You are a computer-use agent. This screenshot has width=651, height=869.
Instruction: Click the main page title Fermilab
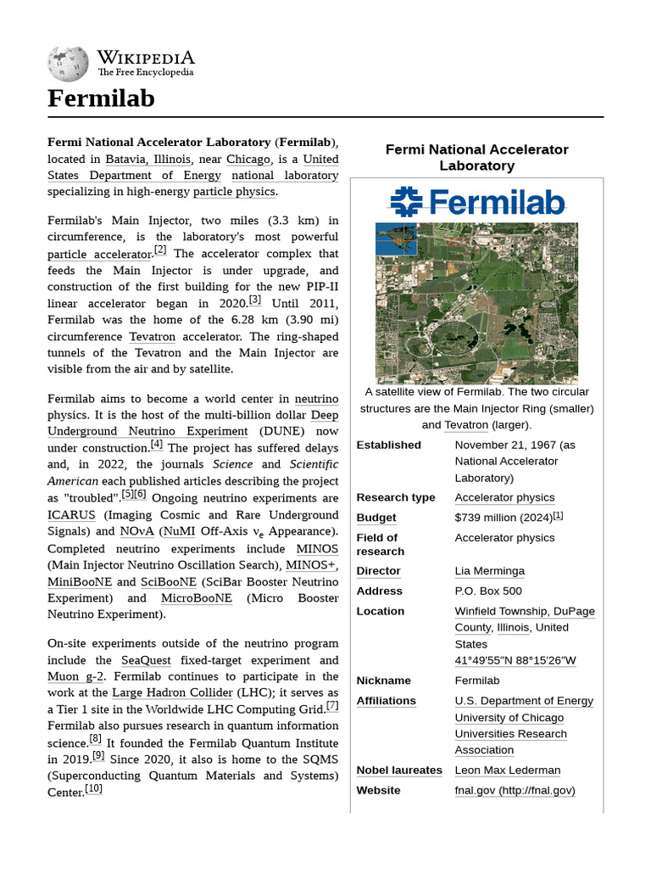[101, 98]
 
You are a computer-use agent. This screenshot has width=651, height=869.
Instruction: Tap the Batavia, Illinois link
[148, 159]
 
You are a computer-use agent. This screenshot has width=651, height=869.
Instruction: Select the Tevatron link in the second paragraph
[153, 337]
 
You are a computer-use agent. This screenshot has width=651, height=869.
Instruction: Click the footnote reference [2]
[160, 250]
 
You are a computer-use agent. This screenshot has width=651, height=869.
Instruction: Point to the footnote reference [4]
[157, 444]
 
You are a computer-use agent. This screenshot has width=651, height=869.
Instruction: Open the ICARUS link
[70, 515]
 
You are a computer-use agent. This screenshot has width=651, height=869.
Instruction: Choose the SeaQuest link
[146, 660]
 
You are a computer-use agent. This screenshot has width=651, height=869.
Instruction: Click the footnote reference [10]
[93, 788]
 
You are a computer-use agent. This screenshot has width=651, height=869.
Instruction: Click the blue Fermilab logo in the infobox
[476, 201]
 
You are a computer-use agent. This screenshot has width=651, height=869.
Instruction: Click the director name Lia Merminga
[489, 571]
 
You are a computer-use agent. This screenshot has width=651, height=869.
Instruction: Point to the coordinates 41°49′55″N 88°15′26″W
[515, 660]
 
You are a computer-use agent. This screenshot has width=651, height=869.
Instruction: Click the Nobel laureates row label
[398, 770]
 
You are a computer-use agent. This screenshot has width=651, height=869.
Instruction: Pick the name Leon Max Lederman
[507, 770]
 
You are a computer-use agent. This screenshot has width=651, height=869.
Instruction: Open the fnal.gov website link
[515, 790]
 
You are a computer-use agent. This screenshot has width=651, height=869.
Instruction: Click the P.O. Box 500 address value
[488, 591]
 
